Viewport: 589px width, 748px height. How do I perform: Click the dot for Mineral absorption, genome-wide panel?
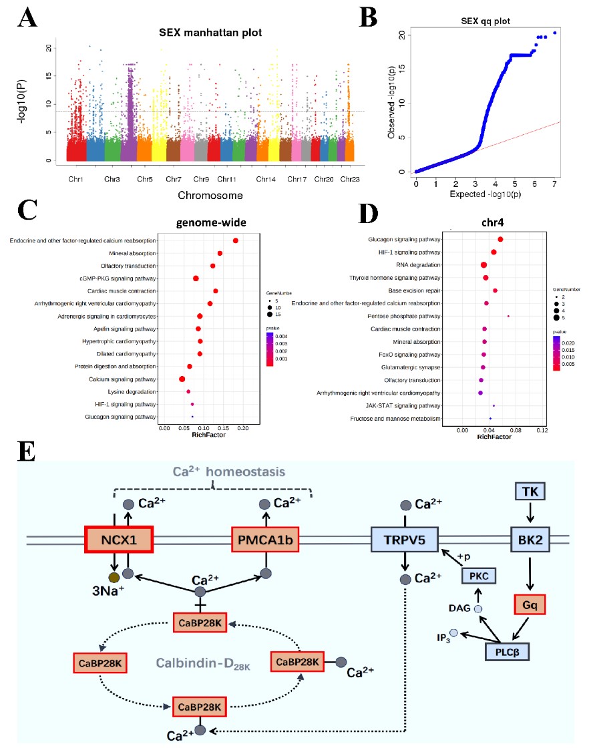(x=220, y=253)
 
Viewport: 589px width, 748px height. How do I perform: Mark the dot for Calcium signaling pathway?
(x=182, y=379)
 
